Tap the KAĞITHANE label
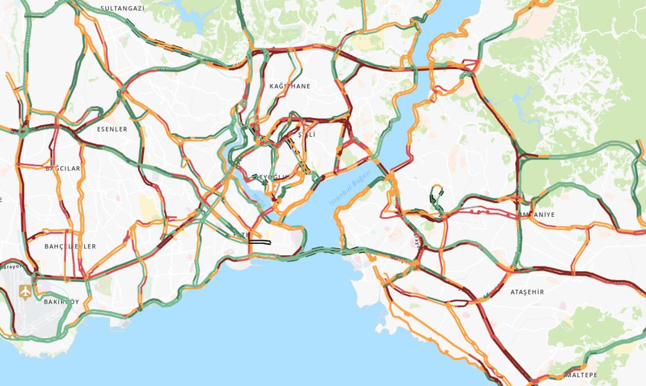click(290, 86)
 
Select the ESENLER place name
click(112, 128)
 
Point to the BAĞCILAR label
click(62, 169)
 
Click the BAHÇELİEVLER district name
click(70, 246)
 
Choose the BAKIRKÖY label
click(61, 302)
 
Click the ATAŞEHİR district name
click(527, 292)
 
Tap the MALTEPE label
click(580, 375)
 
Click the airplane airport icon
click(25, 292)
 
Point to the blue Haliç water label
click(258, 197)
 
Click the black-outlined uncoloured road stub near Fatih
click(261, 242)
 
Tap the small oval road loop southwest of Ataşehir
click(457, 303)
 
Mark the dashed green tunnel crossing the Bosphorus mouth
click(323, 249)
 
